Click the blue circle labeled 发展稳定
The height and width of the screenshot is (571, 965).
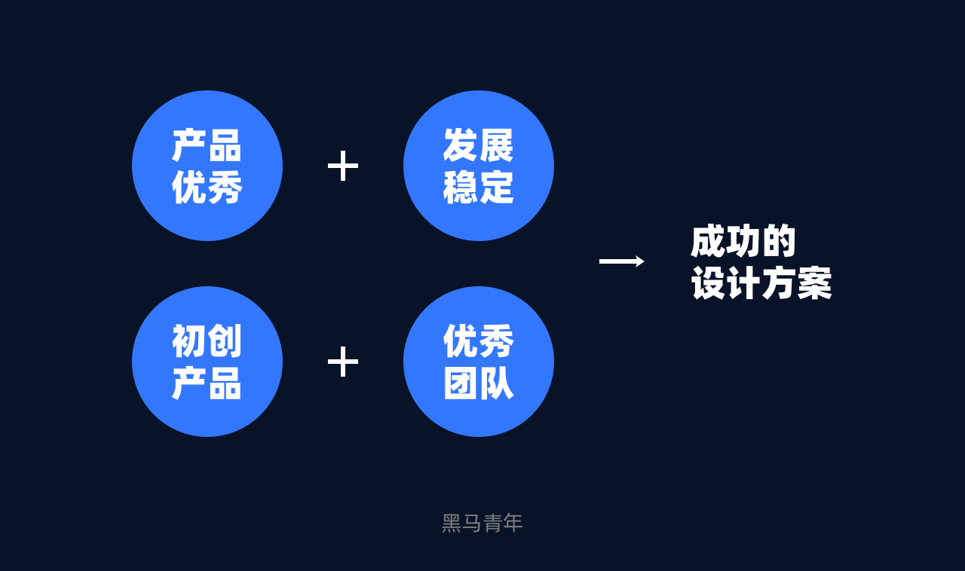click(479, 166)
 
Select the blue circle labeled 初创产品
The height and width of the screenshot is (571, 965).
click(207, 362)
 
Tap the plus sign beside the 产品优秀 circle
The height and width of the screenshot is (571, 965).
click(343, 166)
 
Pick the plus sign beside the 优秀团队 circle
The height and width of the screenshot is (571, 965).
click(343, 362)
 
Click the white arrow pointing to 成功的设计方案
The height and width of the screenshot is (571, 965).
click(621, 261)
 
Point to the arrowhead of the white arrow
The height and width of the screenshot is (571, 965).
click(640, 261)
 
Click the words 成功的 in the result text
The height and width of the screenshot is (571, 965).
click(743, 241)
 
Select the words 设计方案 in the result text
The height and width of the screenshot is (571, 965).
click(761, 283)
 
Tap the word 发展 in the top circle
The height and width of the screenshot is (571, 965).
click(478, 145)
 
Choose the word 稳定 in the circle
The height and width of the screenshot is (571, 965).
click(478, 188)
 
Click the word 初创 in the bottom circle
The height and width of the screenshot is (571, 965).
click(207, 341)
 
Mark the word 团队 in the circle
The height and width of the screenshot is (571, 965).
click(478, 383)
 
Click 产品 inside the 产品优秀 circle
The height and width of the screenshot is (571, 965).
click(207, 145)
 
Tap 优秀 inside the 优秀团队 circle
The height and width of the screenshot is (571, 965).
click(478, 341)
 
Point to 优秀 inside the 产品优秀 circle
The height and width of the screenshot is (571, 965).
click(207, 188)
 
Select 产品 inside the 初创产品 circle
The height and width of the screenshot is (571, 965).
click(207, 383)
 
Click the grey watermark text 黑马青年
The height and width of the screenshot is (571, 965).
click(482, 523)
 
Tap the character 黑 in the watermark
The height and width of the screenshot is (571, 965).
click(452, 523)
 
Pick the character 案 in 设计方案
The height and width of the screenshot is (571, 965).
click(815, 283)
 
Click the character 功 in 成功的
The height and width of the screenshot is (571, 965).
click(743, 241)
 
